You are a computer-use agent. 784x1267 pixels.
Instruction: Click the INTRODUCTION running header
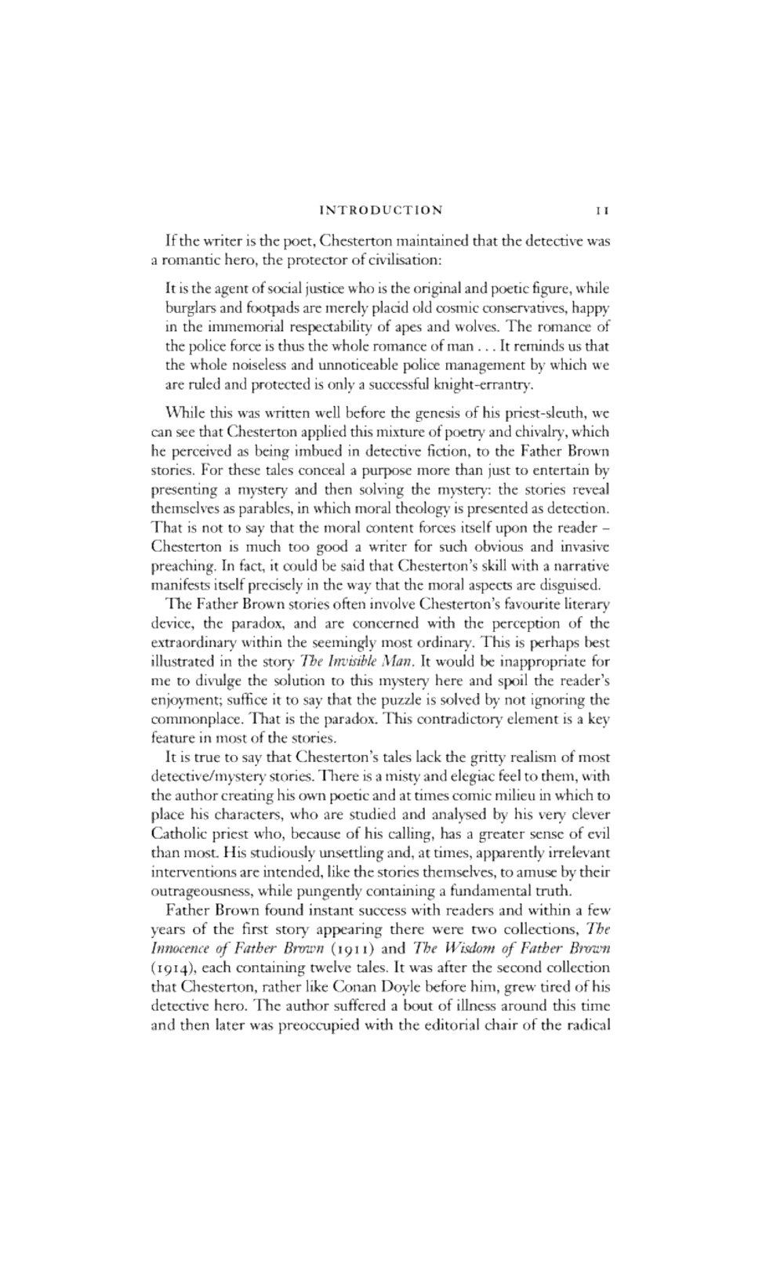383,209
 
